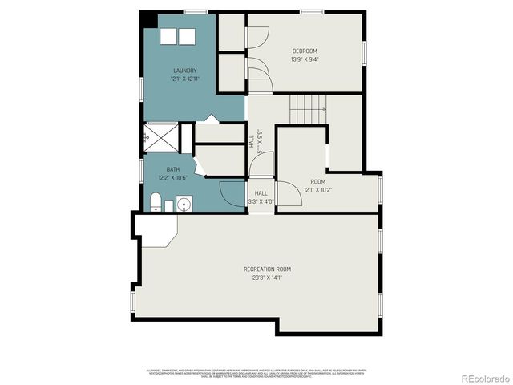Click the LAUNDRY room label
pyautogui.click(x=184, y=71)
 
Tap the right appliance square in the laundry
pyautogui.click(x=187, y=37)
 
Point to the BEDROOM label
pyautogui.click(x=305, y=51)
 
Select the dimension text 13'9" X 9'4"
pyautogui.click(x=305, y=59)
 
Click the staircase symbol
pyautogui.click(x=309, y=104)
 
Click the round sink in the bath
pyautogui.click(x=184, y=204)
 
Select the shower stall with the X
pyautogui.click(x=160, y=138)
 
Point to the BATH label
pyautogui.click(x=173, y=169)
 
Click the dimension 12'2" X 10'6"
pyautogui.click(x=173, y=177)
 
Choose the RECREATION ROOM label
pyautogui.click(x=267, y=269)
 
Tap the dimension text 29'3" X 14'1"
pyautogui.click(x=267, y=278)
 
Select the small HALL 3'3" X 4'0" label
pyautogui.click(x=261, y=197)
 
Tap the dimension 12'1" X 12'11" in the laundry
pyautogui.click(x=184, y=79)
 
